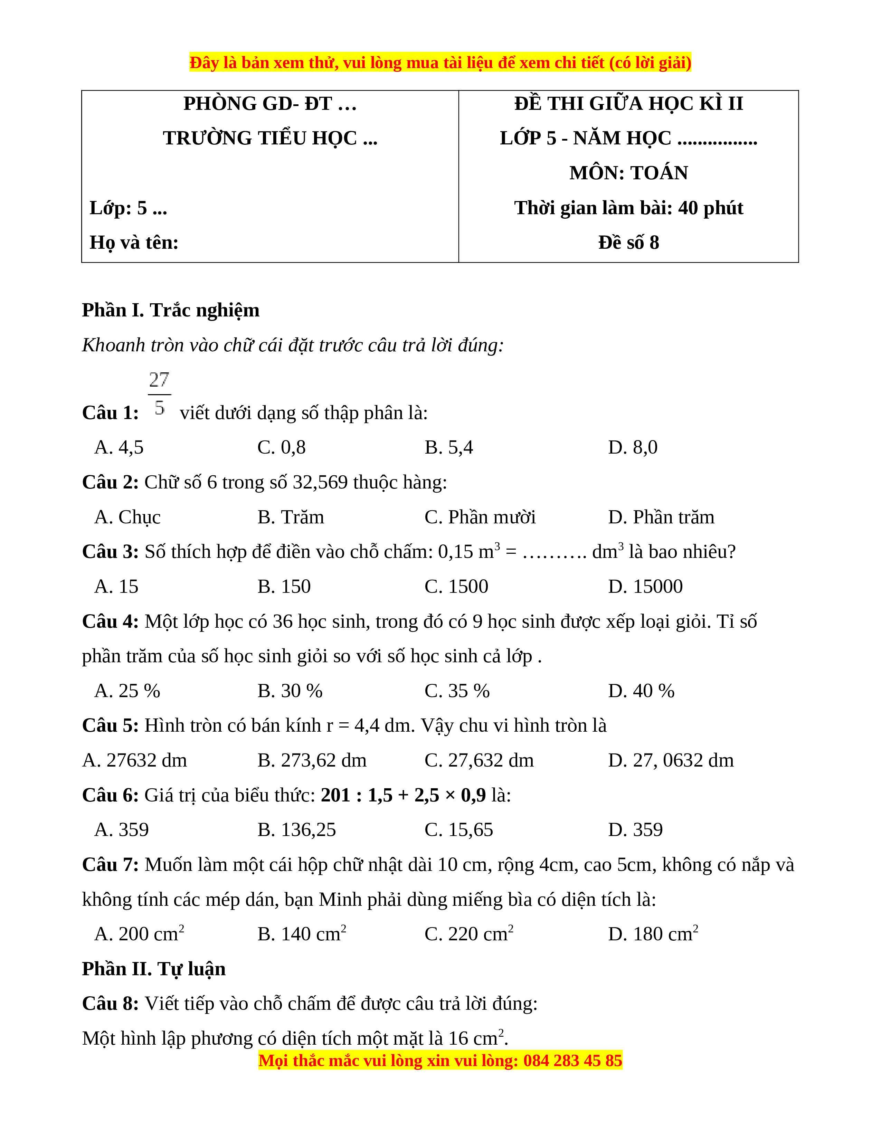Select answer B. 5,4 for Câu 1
point(448,447)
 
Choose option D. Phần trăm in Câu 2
point(661,517)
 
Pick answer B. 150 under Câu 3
point(284,586)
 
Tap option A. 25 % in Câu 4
point(127,691)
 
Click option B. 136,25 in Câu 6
point(296,829)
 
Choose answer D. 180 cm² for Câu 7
point(652,934)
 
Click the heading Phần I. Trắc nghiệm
point(171,310)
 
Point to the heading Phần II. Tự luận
point(154,969)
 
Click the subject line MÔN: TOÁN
point(628,173)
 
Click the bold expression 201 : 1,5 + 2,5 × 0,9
point(403,795)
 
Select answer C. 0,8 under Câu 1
point(281,447)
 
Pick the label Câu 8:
point(111,1003)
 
